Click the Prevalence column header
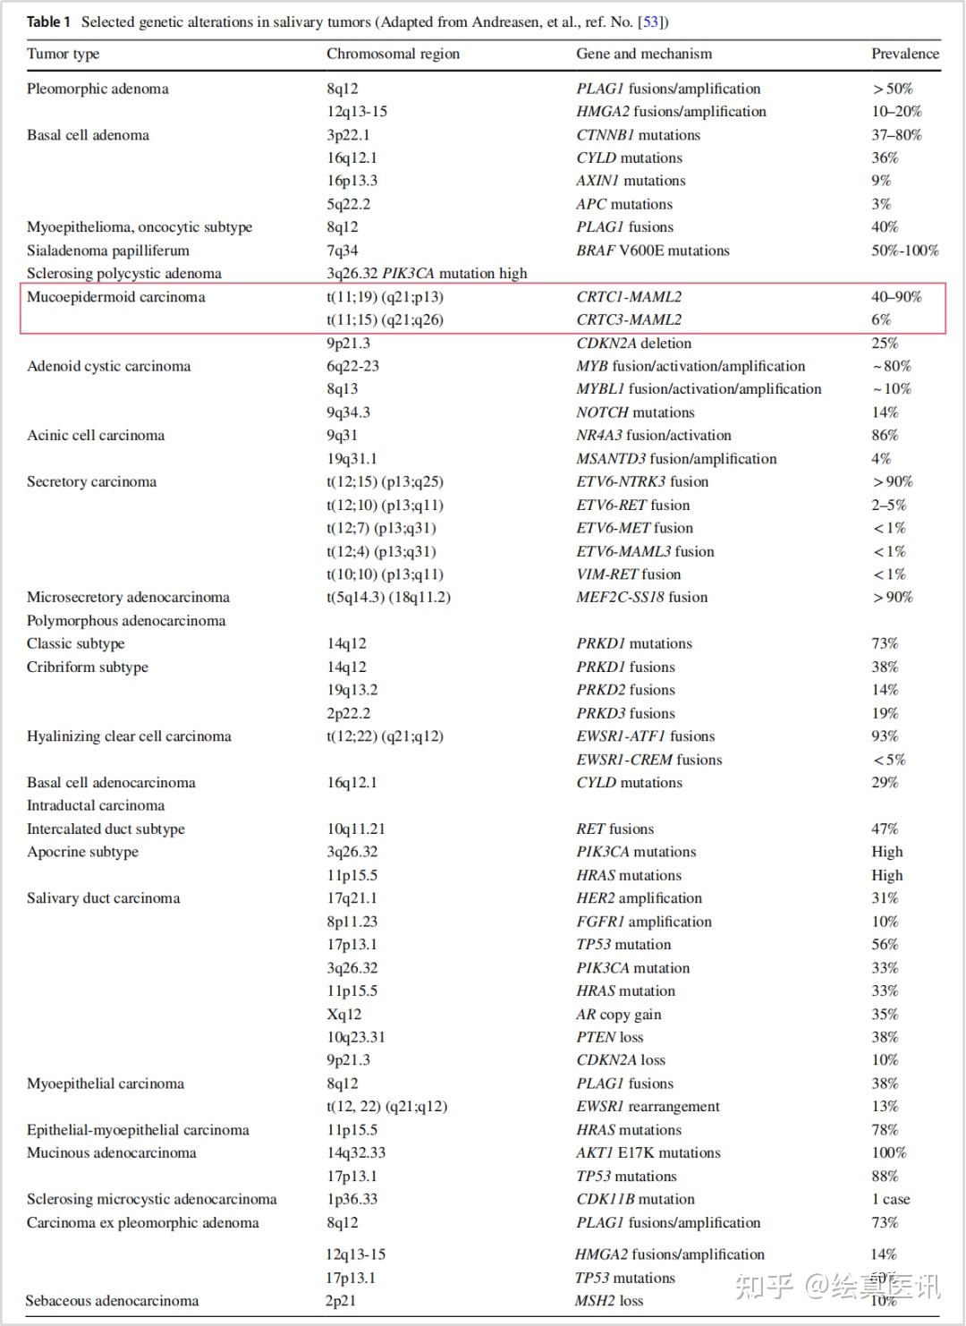905,54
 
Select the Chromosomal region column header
393,54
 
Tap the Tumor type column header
63,54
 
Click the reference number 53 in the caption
650,21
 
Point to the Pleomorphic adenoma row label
97,89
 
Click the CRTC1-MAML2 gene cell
629,297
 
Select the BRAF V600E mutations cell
653,251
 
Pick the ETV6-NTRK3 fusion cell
642,481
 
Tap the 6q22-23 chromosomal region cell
352,366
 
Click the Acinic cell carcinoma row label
96,436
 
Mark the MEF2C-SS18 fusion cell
641,597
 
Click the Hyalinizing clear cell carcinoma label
129,736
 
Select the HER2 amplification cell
639,898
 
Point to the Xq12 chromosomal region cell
344,1014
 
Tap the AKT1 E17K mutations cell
648,1152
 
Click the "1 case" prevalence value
890,1199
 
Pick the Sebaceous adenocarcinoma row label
112,1301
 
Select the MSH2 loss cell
608,1301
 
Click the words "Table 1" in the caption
48,21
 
